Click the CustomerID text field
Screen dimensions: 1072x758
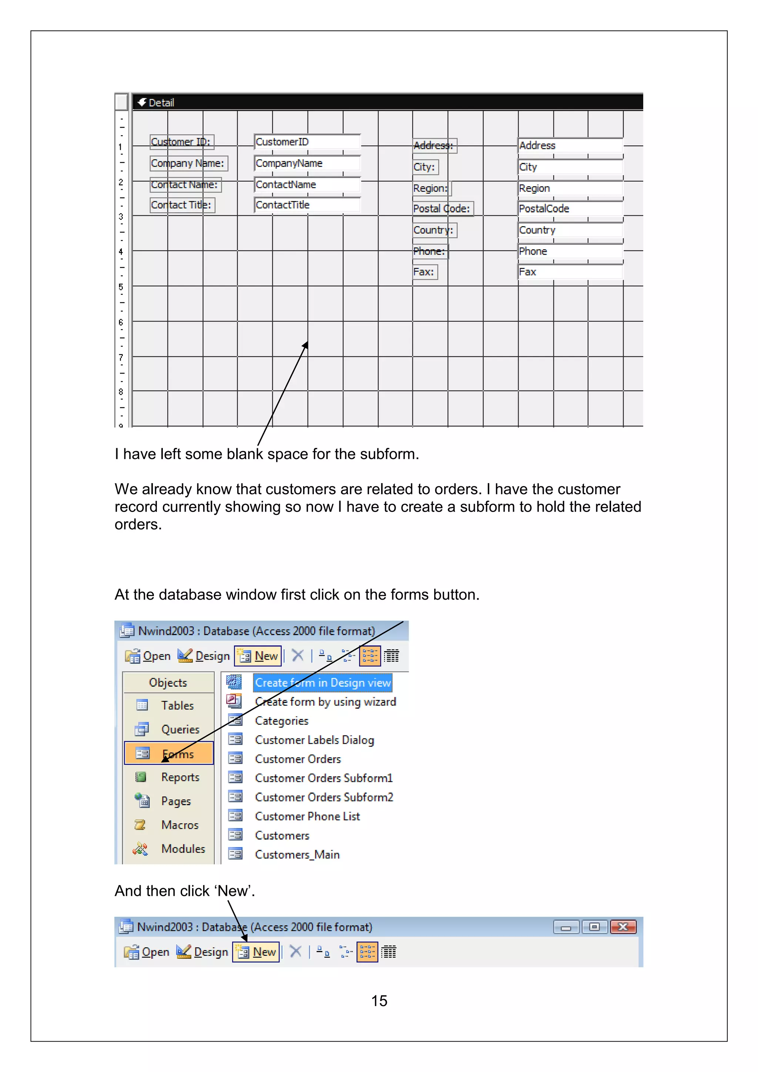pyautogui.click(x=307, y=142)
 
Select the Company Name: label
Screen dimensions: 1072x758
pyautogui.click(x=188, y=163)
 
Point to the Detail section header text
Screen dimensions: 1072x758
pyautogui.click(x=161, y=103)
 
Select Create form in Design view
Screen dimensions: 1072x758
pyautogui.click(x=322, y=683)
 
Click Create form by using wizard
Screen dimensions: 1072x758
pyautogui.click(x=325, y=702)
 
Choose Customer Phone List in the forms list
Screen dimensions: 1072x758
pyautogui.click(x=307, y=816)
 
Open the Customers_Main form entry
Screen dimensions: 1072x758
pyautogui.click(x=297, y=854)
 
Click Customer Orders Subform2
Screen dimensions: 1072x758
pyautogui.click(x=324, y=797)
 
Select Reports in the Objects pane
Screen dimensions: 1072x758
pyautogui.click(x=180, y=777)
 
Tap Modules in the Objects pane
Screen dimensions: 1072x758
pyautogui.click(x=183, y=848)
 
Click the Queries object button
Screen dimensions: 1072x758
pyautogui.click(x=180, y=729)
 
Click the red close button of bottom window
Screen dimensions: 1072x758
pyautogui.click(x=623, y=927)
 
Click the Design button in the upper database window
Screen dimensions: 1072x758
pyautogui.click(x=204, y=656)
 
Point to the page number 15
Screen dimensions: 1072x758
pyautogui.click(x=379, y=1001)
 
